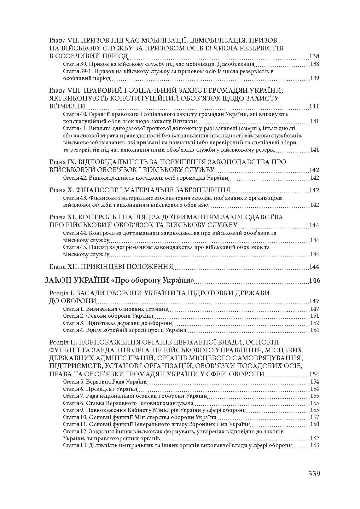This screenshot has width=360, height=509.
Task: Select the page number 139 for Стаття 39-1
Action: pyautogui.click(x=315, y=78)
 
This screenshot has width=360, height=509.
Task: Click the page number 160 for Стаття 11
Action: pyautogui.click(x=315, y=424)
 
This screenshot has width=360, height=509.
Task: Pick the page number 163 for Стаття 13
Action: pyautogui.click(x=315, y=445)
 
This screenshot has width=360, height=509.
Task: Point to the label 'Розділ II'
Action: pyautogui.click(x=62, y=342)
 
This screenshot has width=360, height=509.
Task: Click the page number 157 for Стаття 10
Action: pyautogui.click(x=315, y=417)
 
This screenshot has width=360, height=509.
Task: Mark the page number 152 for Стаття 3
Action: pyautogui.click(x=315, y=323)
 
